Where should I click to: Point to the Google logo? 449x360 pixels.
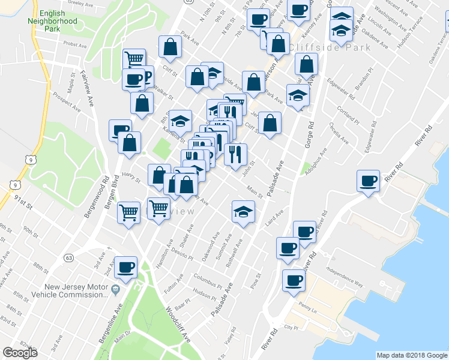tap(20, 352)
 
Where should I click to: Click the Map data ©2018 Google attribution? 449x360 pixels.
tap(411, 355)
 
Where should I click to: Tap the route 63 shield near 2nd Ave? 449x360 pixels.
tap(70, 258)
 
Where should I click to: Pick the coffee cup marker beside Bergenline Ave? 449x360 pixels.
tap(125, 268)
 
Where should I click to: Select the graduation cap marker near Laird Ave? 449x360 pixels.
tap(243, 212)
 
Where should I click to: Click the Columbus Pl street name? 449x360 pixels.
tap(208, 279)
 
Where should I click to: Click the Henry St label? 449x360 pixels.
tap(130, 176)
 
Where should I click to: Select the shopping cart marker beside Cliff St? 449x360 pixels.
tap(134, 59)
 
